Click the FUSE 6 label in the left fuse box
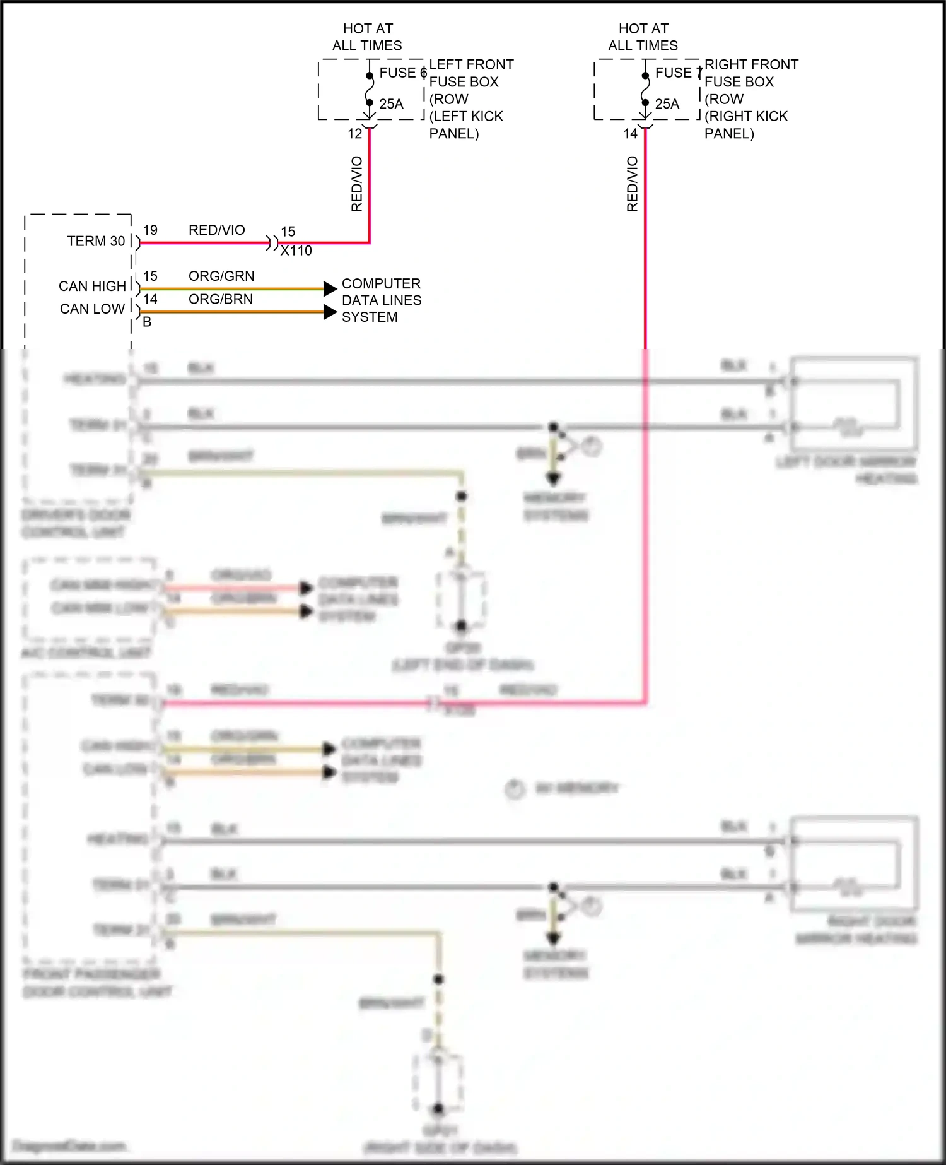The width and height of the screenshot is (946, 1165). click(402, 73)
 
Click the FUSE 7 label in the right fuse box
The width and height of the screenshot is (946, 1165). click(678, 73)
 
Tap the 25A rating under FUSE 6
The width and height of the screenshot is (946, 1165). click(391, 104)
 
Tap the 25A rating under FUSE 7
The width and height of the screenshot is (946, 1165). click(667, 104)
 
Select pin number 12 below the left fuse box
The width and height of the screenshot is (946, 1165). click(355, 134)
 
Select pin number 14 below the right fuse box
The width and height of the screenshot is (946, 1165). click(631, 134)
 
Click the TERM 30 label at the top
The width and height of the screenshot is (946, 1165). click(96, 241)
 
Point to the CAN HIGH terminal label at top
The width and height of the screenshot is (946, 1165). click(92, 286)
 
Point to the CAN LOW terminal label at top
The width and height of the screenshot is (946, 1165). click(92, 309)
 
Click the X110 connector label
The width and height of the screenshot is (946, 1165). click(296, 251)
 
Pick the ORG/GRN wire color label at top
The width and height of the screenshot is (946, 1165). click(221, 276)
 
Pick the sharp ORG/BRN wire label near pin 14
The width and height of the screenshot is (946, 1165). click(221, 299)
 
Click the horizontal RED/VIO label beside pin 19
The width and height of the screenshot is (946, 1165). click(216, 230)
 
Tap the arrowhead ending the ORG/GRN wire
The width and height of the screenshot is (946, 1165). click(330, 289)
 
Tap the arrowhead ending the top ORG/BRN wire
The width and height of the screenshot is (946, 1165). click(330, 312)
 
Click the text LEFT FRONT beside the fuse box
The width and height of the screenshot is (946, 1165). click(471, 64)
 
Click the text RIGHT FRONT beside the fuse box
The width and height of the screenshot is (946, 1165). click(751, 64)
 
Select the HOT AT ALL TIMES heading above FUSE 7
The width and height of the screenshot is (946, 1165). click(643, 37)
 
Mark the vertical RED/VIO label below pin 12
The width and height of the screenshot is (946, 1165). click(357, 184)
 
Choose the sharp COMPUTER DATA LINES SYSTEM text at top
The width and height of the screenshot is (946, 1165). click(381, 300)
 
